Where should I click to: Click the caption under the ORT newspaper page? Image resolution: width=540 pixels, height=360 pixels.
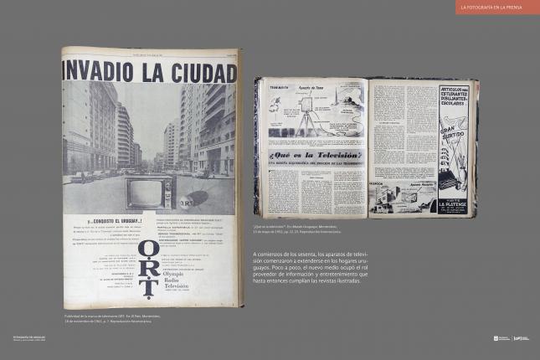pyautogui.click(x=111, y=318)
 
